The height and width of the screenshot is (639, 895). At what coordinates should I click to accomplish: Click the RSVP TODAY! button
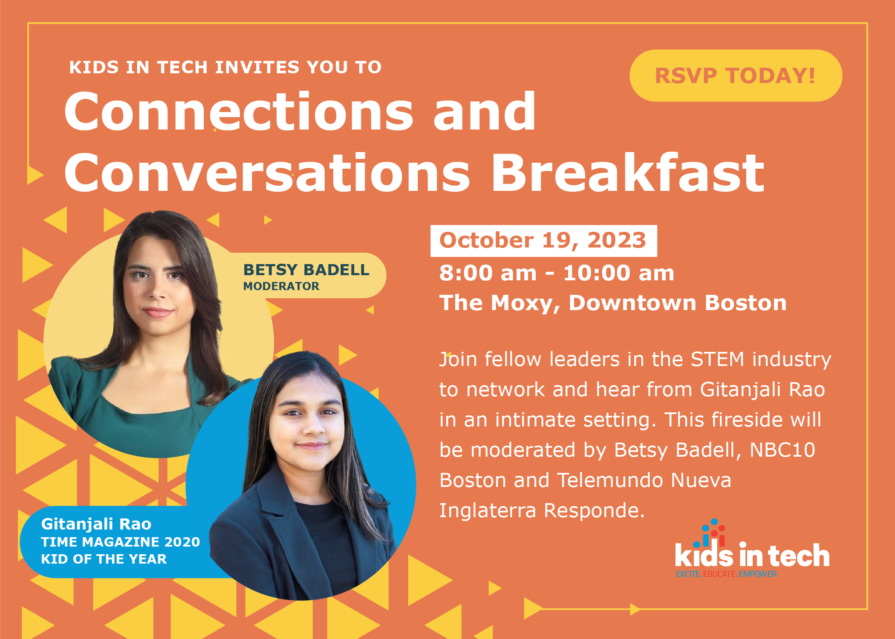(x=736, y=75)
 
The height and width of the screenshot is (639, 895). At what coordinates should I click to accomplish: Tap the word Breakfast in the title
(x=628, y=173)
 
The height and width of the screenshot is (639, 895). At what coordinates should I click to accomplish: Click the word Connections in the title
(x=239, y=111)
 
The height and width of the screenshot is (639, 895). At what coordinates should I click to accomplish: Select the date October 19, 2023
(x=543, y=240)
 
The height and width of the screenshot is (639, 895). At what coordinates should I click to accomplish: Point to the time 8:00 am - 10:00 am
(x=557, y=273)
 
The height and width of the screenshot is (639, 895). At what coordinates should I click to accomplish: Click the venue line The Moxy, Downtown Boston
(x=613, y=303)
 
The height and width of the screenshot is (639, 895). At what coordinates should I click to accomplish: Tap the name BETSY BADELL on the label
(x=306, y=270)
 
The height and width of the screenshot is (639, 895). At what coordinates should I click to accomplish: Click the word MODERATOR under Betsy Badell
(x=281, y=286)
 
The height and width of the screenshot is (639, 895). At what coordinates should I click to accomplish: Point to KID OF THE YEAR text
(x=104, y=559)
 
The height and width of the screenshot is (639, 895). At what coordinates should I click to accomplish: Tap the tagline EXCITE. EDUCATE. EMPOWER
(x=726, y=574)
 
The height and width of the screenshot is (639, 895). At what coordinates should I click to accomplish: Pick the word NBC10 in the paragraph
(x=782, y=450)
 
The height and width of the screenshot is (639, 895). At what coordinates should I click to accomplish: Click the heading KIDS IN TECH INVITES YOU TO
(x=225, y=67)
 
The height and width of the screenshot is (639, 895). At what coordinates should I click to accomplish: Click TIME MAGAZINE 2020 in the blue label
(x=120, y=542)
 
